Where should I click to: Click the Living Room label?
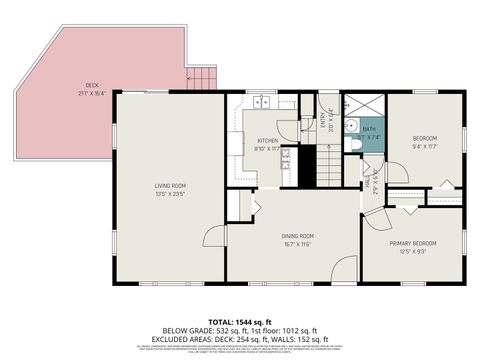pos(169,185)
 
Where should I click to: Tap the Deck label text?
pos(92,84)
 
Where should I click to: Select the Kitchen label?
pos(267,141)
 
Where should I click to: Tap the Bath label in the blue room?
pos(369,129)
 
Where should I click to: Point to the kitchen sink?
pos(264,101)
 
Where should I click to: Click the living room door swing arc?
pos(214,234)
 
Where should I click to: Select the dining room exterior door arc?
pos(343,267)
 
